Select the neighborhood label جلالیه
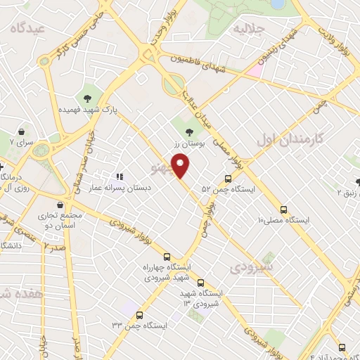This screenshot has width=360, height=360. click(x=248, y=29)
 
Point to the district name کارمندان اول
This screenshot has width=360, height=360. click(x=290, y=138)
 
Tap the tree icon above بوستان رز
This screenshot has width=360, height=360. click(x=188, y=131)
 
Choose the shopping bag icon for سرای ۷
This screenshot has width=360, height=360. click(x=22, y=131)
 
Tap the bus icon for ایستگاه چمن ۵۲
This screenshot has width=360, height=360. click(x=228, y=179)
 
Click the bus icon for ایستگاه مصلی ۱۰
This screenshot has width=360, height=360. click(x=284, y=209)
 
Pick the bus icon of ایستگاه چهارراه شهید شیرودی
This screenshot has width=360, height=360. click(x=167, y=257)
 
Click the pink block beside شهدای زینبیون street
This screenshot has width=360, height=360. click(x=254, y=70)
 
